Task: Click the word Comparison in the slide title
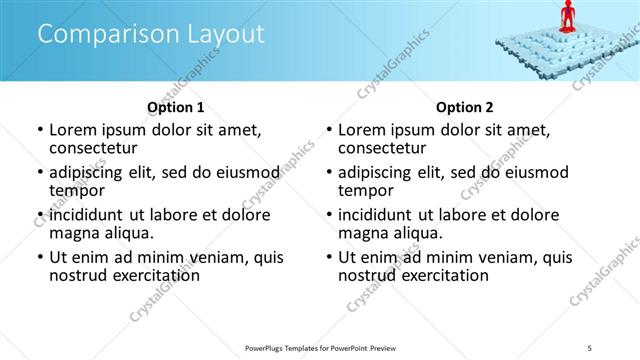click(96, 34)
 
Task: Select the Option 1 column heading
click(176, 106)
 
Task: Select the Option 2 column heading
click(465, 106)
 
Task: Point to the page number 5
click(590, 347)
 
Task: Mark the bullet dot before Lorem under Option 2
click(329, 130)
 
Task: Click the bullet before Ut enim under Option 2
click(329, 257)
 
